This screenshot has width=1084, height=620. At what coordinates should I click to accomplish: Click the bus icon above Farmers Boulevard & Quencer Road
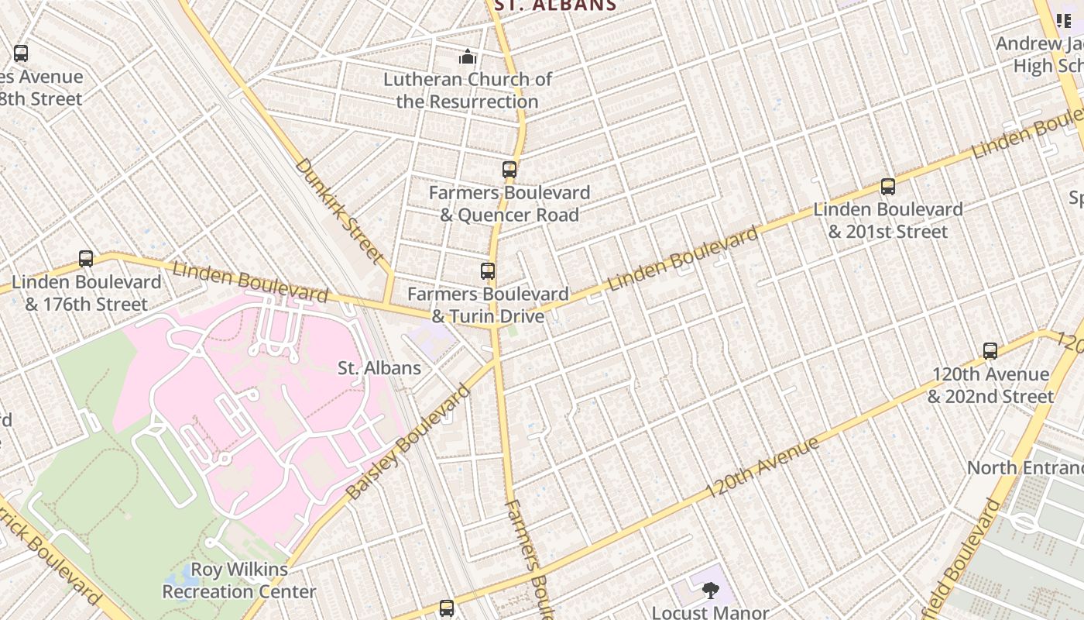point(509,169)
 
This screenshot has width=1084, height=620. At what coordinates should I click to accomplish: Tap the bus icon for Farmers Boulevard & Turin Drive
point(488,271)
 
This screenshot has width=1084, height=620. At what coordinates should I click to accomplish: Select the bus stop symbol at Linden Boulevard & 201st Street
point(887,187)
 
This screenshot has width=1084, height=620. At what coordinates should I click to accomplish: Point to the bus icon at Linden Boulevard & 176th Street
point(86,259)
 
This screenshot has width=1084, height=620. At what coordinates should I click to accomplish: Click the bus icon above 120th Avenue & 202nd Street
point(990,351)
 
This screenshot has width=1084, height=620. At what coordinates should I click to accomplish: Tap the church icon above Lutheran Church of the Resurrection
point(467,57)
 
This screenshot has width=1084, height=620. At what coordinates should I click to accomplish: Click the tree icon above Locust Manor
point(709,591)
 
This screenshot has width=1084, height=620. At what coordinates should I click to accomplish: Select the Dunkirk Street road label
point(339,210)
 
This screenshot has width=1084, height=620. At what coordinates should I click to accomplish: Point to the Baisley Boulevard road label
point(407,443)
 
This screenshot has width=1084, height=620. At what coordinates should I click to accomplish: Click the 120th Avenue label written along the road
point(762,468)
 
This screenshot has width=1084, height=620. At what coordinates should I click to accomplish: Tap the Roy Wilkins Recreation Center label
point(239,580)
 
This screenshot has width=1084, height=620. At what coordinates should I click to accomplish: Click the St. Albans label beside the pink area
point(379,368)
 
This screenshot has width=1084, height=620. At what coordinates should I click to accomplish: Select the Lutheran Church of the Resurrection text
point(468,90)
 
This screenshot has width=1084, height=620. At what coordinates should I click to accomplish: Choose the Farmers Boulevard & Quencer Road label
point(509,203)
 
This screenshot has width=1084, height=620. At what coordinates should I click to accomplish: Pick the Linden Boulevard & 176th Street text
point(86,293)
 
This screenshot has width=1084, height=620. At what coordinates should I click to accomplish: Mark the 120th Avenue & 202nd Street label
point(990,385)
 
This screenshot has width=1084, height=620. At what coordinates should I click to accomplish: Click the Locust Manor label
point(710,611)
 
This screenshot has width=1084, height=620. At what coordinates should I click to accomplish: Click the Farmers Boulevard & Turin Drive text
point(488,305)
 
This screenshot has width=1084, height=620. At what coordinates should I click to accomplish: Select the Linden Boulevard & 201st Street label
point(887,220)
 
